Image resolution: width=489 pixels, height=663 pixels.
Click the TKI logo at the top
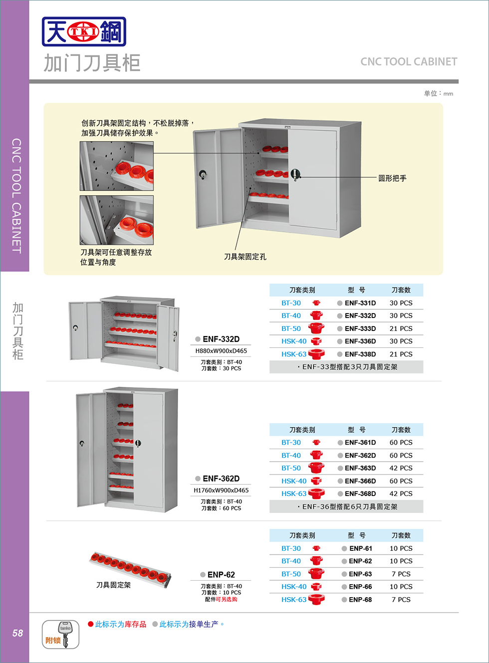point(84,32)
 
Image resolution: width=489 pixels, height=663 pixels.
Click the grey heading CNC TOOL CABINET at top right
point(409,62)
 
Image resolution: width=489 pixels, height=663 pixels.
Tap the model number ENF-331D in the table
point(360,303)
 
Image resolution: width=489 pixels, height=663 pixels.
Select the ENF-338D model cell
point(360,354)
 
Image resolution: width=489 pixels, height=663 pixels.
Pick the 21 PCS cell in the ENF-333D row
point(401,329)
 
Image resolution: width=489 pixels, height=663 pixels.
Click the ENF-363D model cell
point(360,468)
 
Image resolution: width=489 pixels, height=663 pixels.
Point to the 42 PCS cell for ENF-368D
point(401,494)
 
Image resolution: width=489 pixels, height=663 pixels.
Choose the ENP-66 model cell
point(360,587)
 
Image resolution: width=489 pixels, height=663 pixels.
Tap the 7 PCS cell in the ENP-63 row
point(401,574)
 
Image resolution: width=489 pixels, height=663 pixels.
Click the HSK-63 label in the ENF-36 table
point(293,494)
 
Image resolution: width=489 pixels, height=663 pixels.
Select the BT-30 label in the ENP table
point(291,548)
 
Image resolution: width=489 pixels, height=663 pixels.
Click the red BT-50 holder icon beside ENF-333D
point(316,329)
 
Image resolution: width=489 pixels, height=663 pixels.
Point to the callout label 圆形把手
point(392,178)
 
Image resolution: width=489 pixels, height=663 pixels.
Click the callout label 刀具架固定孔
point(245,257)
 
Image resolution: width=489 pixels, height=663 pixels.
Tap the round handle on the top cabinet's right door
point(295,174)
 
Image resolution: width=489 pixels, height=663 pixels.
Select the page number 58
point(17,633)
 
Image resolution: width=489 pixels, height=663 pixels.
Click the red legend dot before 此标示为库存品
point(91,624)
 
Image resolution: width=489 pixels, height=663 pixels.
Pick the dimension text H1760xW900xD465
point(221,491)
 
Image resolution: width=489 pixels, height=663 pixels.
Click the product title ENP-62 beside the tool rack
point(221,575)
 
